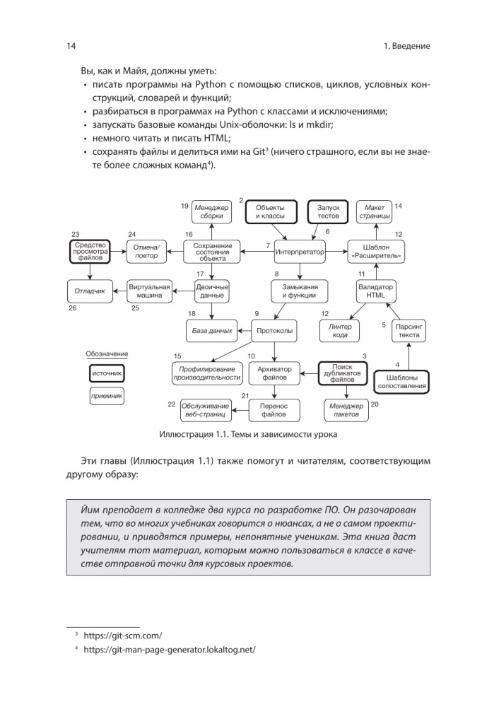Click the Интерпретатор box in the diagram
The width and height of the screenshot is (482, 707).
pyautogui.click(x=299, y=251)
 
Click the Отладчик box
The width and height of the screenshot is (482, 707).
pyautogui.click(x=90, y=291)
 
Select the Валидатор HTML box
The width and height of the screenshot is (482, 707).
pyautogui.click(x=375, y=291)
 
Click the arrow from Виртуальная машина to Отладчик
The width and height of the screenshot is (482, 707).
pyautogui.click(x=119, y=291)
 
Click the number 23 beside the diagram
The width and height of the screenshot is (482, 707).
pyautogui.click(x=76, y=234)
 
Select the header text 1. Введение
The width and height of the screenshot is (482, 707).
pyautogui.click(x=406, y=46)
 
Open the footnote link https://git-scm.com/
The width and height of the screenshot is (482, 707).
pyautogui.click(x=123, y=636)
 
